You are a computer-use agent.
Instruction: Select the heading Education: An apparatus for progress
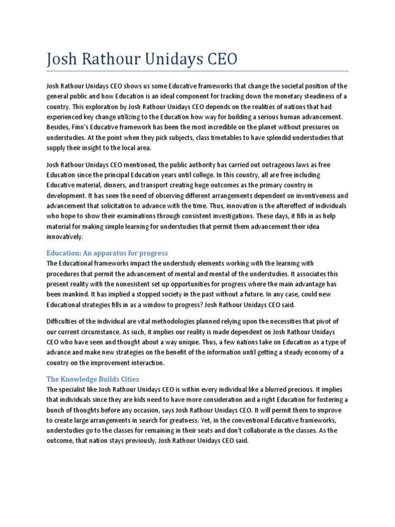(x=107, y=253)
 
